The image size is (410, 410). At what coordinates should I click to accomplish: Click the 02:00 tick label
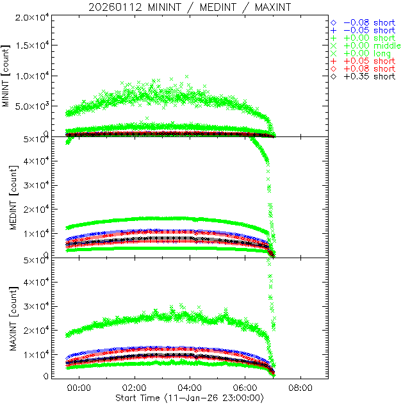(x=135, y=388)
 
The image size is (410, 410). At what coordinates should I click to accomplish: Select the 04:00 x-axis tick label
(x=190, y=388)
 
